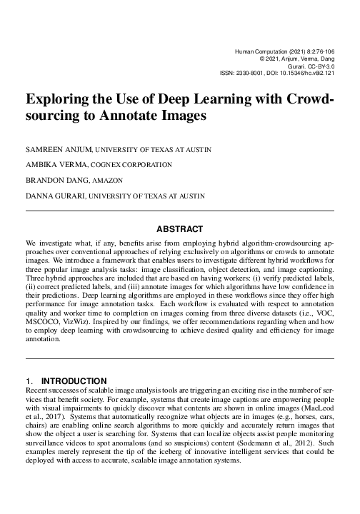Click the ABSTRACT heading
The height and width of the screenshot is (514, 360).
[x=179, y=229]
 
